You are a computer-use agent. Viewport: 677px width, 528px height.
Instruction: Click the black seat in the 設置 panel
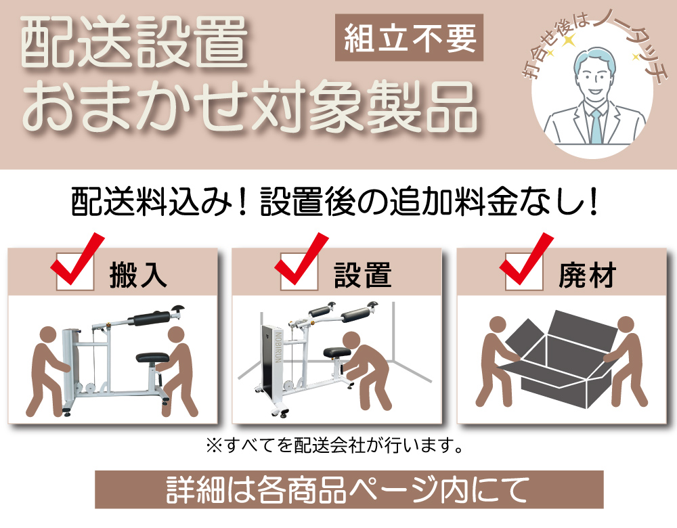(334, 351)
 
